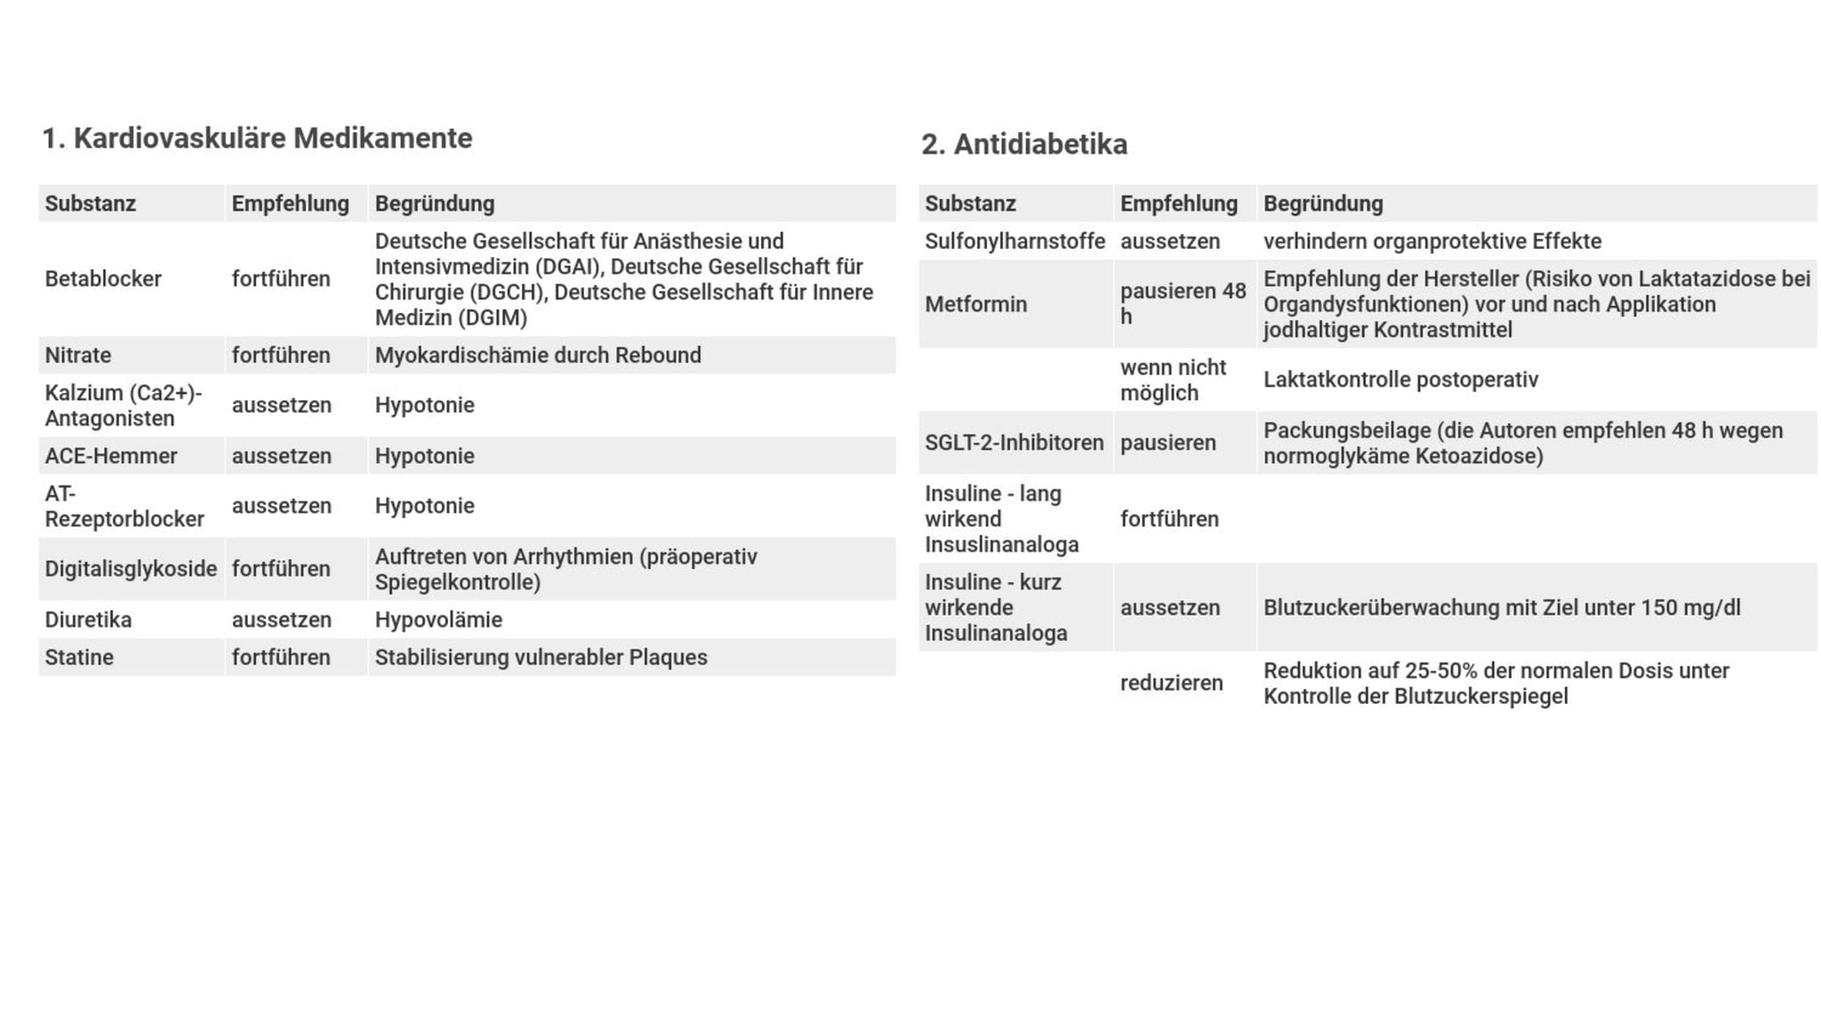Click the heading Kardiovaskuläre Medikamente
coord(257,139)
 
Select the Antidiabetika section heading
coord(1023,144)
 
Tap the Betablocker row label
coord(103,279)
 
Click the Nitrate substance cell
coord(78,356)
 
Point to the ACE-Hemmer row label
coord(111,456)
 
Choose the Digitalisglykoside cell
coord(131,569)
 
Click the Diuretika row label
coord(88,620)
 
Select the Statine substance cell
coord(79,658)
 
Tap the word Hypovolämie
coord(438,620)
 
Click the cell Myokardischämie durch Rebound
coord(538,356)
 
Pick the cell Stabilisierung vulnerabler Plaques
coord(541,658)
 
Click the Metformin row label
coord(975,304)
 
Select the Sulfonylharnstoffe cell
coord(1015,242)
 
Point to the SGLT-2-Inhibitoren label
coord(1014,443)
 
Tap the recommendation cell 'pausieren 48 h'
coord(1183,304)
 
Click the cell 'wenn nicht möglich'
coord(1173,380)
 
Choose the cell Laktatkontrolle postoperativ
coord(1400,380)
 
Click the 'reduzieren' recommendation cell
coord(1171,683)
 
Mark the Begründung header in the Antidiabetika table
coord(1323,204)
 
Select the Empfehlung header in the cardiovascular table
coord(290,204)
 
